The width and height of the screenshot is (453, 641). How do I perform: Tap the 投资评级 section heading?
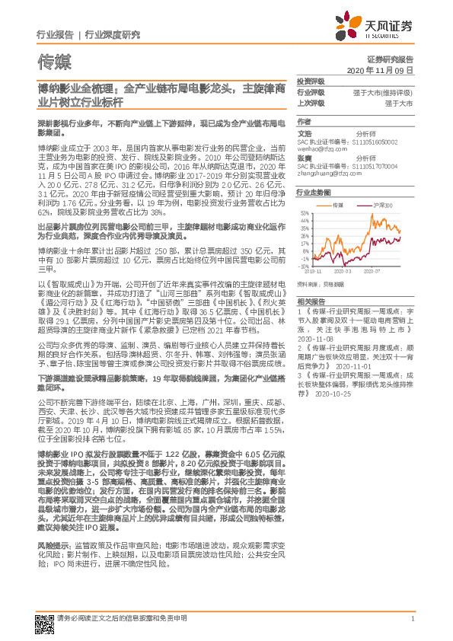coord(310,81)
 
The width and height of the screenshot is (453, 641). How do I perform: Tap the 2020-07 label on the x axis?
coord(373,271)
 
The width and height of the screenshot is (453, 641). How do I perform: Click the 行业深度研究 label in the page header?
coord(112,35)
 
